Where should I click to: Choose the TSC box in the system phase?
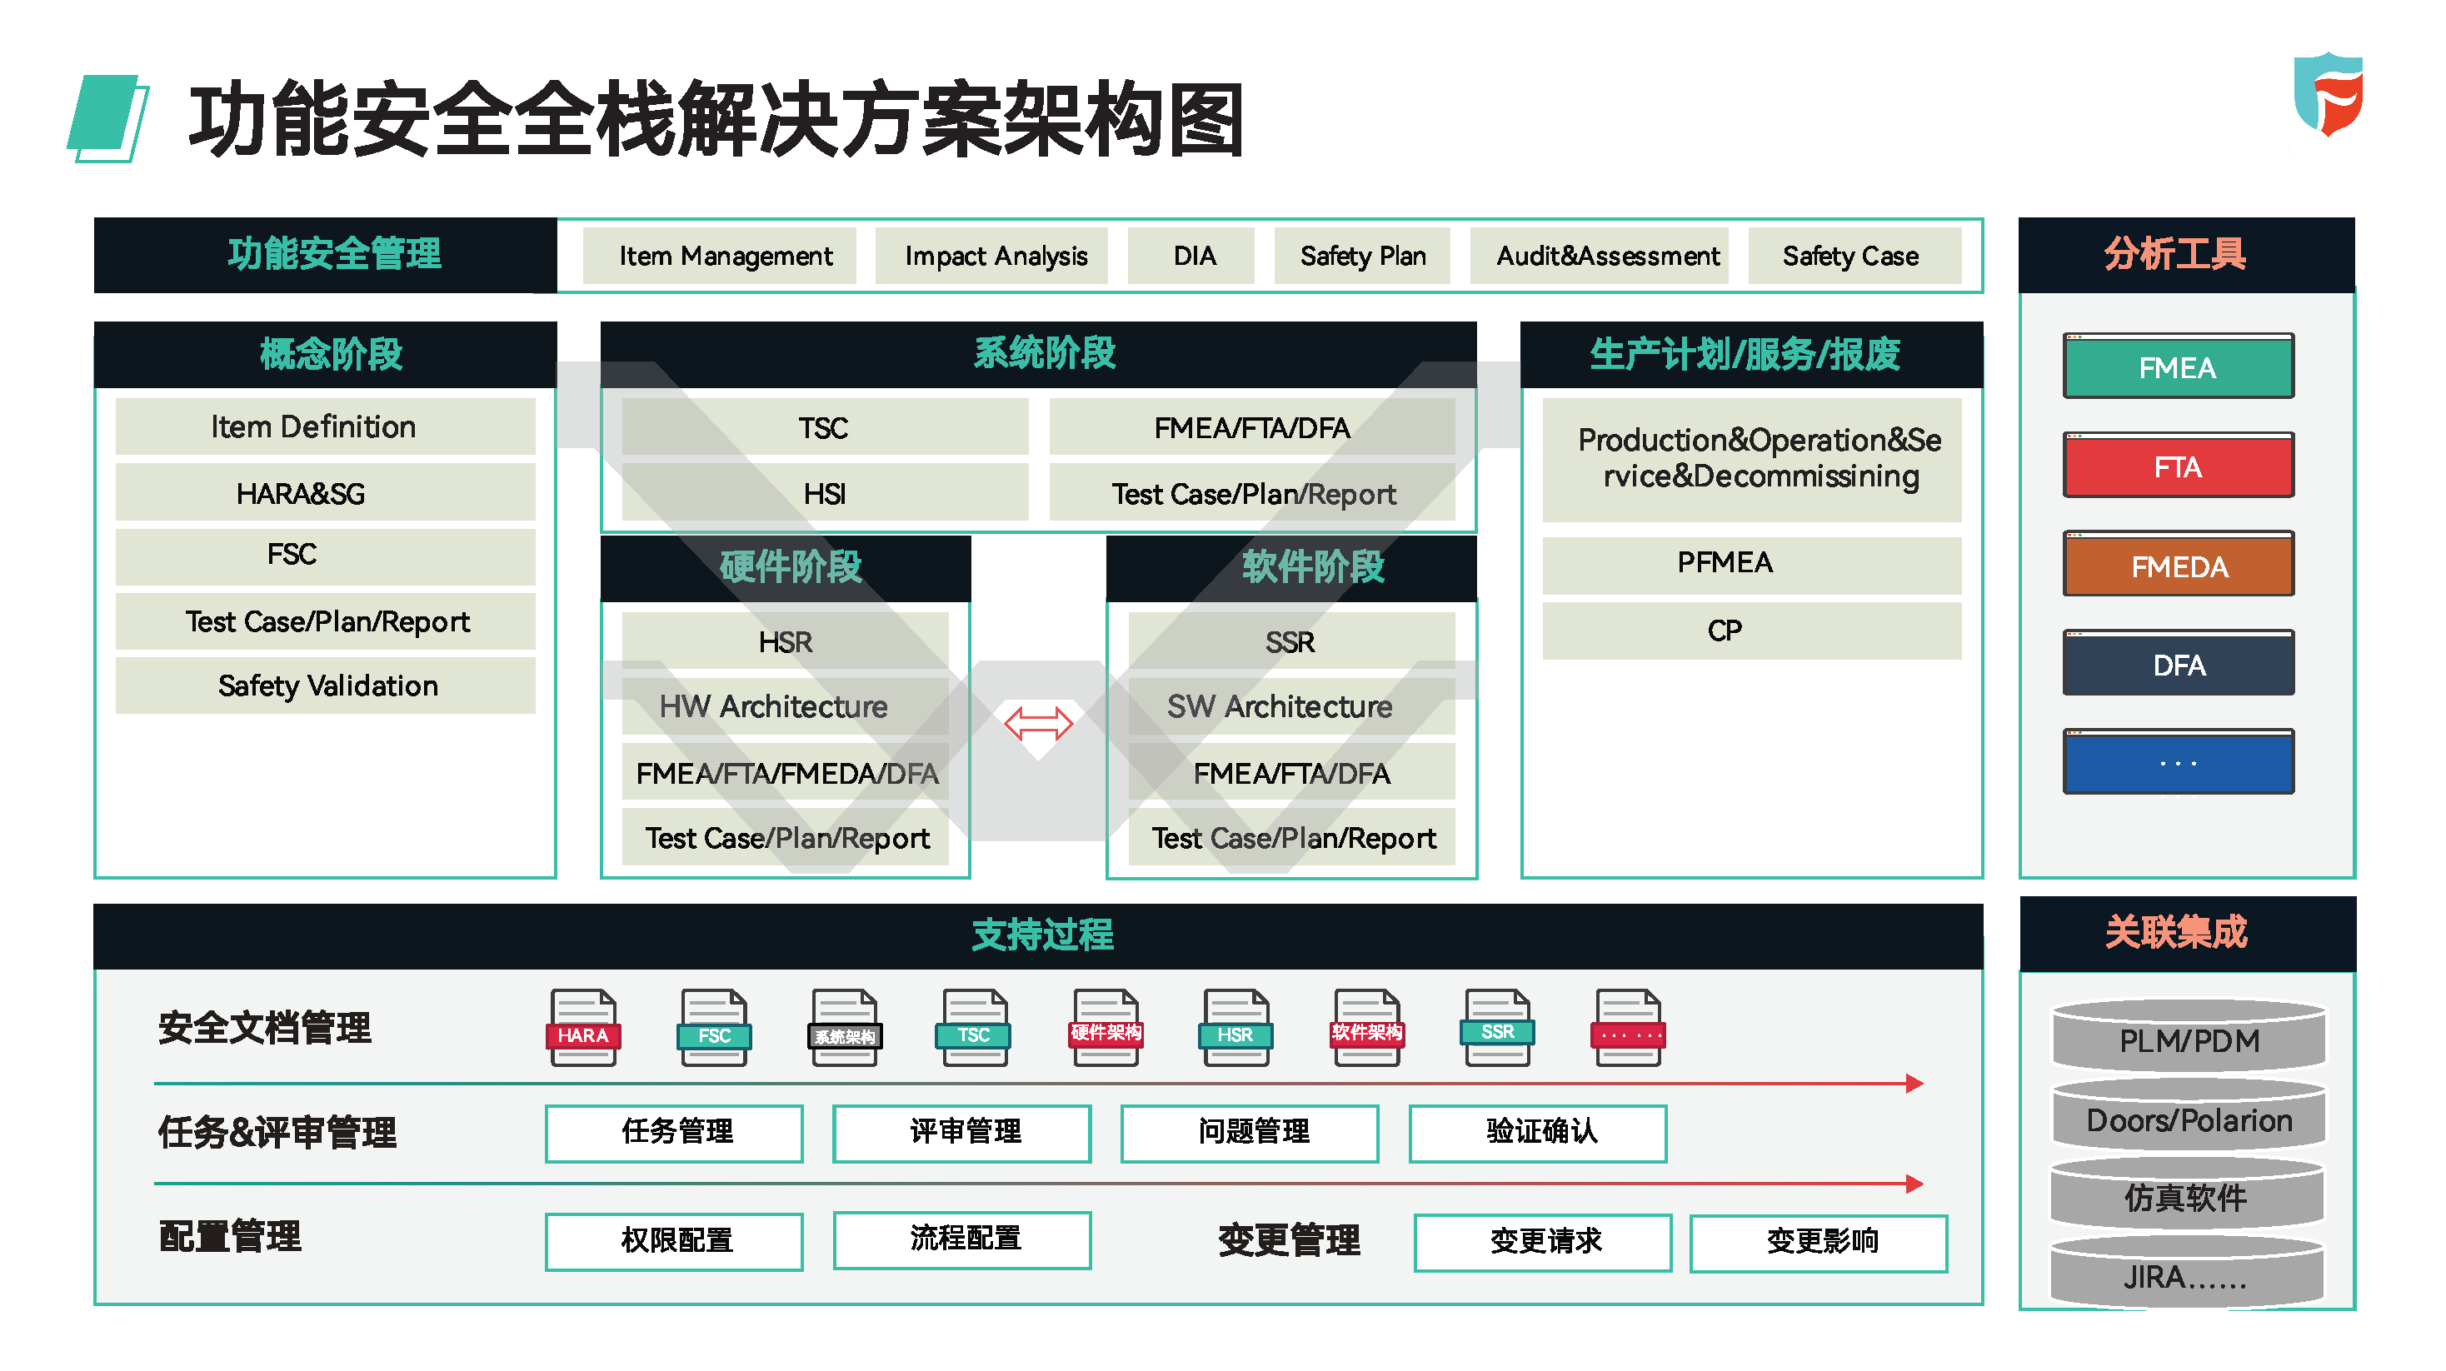pyautogui.click(x=824, y=427)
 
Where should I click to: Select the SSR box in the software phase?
pyautogui.click(x=1290, y=641)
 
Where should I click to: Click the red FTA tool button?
pyautogui.click(x=2179, y=466)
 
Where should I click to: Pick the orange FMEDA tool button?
pyautogui.click(x=2179, y=564)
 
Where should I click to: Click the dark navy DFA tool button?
pyautogui.click(x=2179, y=664)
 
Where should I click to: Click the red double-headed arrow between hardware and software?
pyautogui.click(x=1038, y=724)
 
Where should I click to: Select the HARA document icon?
pyautogui.click(x=583, y=1027)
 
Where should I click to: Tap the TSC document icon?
pyautogui.click(x=973, y=1027)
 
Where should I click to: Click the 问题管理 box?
pyautogui.click(x=1250, y=1133)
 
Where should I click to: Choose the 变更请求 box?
pyautogui.click(x=1543, y=1242)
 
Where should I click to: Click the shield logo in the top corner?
pyautogui.click(x=2329, y=94)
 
